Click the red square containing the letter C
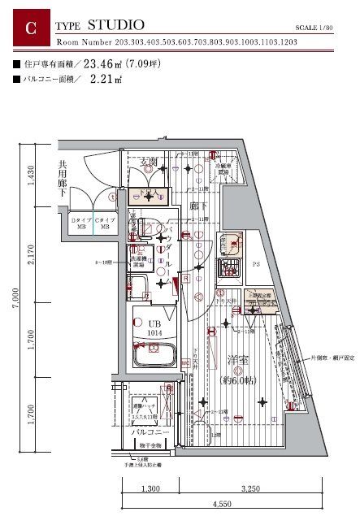tap(30, 29)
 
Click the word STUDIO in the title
tap(116, 26)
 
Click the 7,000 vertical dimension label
tap(15, 298)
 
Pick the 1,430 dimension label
tap(32, 174)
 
